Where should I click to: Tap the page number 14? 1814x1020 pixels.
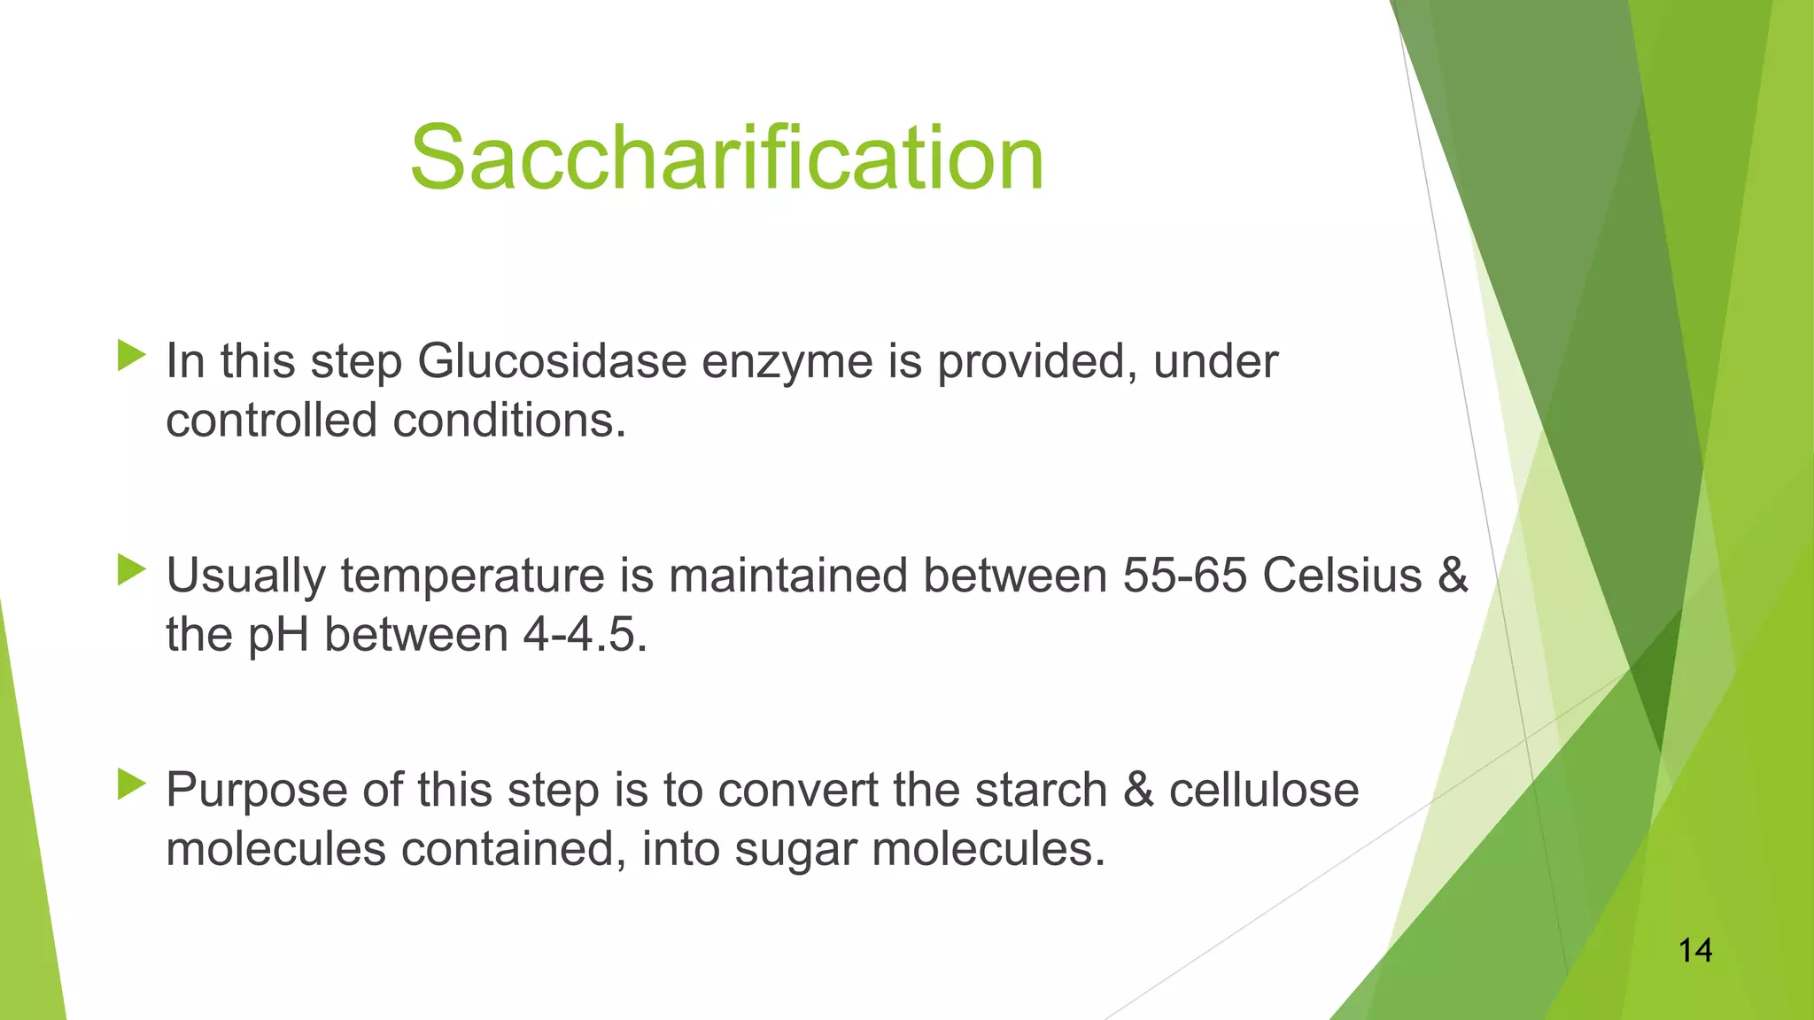(x=1694, y=951)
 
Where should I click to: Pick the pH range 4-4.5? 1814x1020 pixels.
(x=585, y=635)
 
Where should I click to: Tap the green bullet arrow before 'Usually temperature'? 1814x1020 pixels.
(x=131, y=570)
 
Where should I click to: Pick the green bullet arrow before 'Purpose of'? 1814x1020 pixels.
(x=131, y=784)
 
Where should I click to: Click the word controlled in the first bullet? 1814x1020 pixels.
(x=271, y=421)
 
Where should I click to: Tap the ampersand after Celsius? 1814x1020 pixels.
(x=1452, y=576)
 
